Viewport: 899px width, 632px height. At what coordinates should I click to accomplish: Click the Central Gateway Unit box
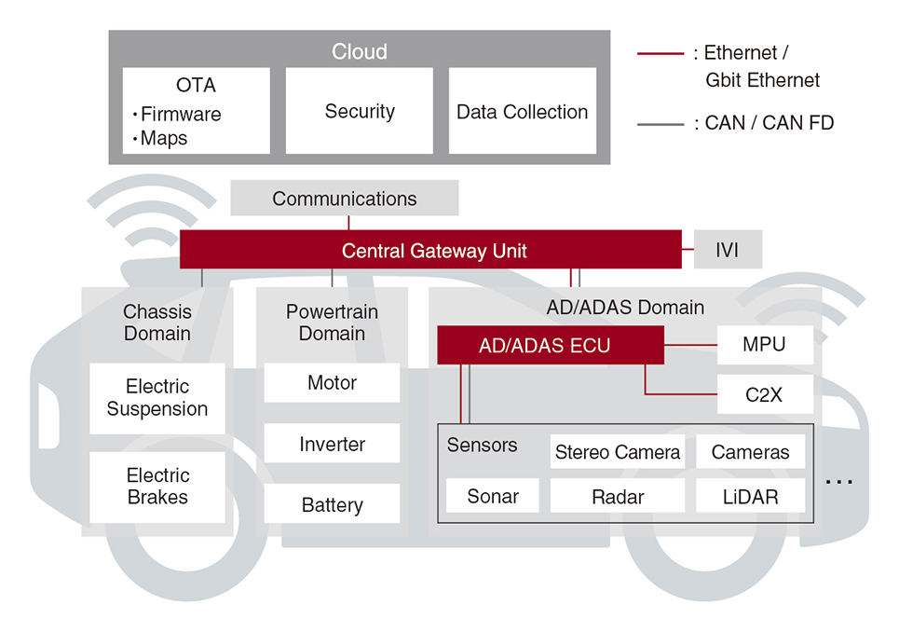(430, 250)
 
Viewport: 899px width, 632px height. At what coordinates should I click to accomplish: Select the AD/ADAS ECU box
(551, 345)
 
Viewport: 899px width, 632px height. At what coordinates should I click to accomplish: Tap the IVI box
(728, 250)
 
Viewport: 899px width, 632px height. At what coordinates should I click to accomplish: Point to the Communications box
(345, 198)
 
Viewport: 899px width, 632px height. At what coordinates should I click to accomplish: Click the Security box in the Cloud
(360, 111)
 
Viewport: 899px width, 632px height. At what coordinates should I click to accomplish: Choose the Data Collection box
(523, 111)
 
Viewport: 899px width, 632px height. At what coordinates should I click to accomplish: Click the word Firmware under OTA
(181, 114)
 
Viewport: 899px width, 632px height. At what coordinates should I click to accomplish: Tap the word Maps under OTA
(164, 139)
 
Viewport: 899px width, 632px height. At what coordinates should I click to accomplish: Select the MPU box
(765, 345)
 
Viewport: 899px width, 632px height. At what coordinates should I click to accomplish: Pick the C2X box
(765, 394)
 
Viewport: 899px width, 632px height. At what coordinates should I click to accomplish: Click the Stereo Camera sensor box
(618, 452)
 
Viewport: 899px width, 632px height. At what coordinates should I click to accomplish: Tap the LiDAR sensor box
(751, 496)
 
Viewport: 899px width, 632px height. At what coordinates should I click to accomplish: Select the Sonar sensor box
(493, 496)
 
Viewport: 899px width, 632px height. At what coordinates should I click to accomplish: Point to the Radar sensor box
(618, 496)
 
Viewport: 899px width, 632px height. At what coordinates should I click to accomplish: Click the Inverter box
(332, 444)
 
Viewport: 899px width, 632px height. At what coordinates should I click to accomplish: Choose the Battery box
(332, 504)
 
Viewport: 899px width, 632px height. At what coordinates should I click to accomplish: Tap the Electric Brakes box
(157, 487)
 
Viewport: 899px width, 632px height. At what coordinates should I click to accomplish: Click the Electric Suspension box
(157, 398)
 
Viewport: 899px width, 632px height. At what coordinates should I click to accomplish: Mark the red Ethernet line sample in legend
(661, 53)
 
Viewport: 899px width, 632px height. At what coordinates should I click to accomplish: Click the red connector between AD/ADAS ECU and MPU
(690, 345)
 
